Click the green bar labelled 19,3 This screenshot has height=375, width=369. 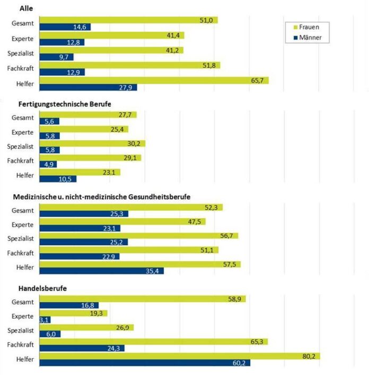pyautogui.click(x=74, y=313)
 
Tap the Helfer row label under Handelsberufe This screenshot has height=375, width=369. pyautogui.click(x=25, y=360)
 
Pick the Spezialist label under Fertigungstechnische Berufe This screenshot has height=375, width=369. pyautogui.click(x=21, y=147)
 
